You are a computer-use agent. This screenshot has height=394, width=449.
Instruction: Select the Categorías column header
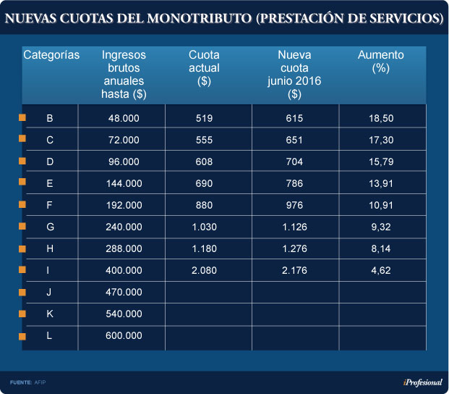coord(51,55)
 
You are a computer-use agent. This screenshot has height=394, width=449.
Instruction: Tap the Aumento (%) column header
coord(381,61)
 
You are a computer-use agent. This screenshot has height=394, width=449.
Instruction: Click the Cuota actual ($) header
coord(204,67)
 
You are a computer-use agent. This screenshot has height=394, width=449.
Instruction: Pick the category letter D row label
coord(50,162)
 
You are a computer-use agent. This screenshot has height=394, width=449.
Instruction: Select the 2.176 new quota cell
coord(294,270)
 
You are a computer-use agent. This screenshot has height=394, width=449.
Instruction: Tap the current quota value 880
coord(205,205)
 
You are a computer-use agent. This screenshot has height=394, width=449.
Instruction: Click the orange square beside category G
coord(22,227)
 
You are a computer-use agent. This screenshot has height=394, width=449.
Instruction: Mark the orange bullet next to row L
coord(22,336)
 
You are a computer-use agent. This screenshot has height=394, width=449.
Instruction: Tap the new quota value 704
coord(294,162)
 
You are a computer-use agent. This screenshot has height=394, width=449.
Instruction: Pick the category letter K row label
coord(50,314)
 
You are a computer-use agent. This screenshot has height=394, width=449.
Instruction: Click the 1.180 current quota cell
coord(205,248)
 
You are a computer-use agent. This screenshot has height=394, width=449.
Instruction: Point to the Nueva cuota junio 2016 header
coord(294,74)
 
